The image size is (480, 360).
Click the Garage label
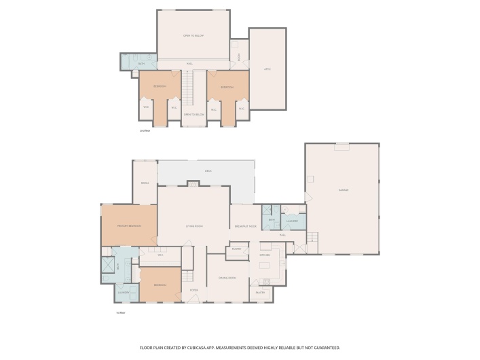pos(344,190)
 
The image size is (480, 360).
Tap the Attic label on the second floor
pos(267,69)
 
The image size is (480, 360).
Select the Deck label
pos(208,170)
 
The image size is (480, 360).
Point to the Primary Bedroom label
pos(128,226)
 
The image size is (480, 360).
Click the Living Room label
pos(195,226)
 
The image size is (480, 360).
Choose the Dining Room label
pos(227,278)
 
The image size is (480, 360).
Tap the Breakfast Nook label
pos(245,226)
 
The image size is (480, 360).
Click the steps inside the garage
pos(313,239)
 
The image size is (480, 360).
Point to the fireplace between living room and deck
pos(193,184)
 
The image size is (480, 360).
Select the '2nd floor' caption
pos(144,130)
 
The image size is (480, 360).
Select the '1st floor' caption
pos(121,312)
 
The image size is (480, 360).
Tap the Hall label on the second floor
pos(189,64)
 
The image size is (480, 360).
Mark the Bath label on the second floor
pos(141,64)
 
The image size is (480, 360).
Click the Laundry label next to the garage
pos(292,221)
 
